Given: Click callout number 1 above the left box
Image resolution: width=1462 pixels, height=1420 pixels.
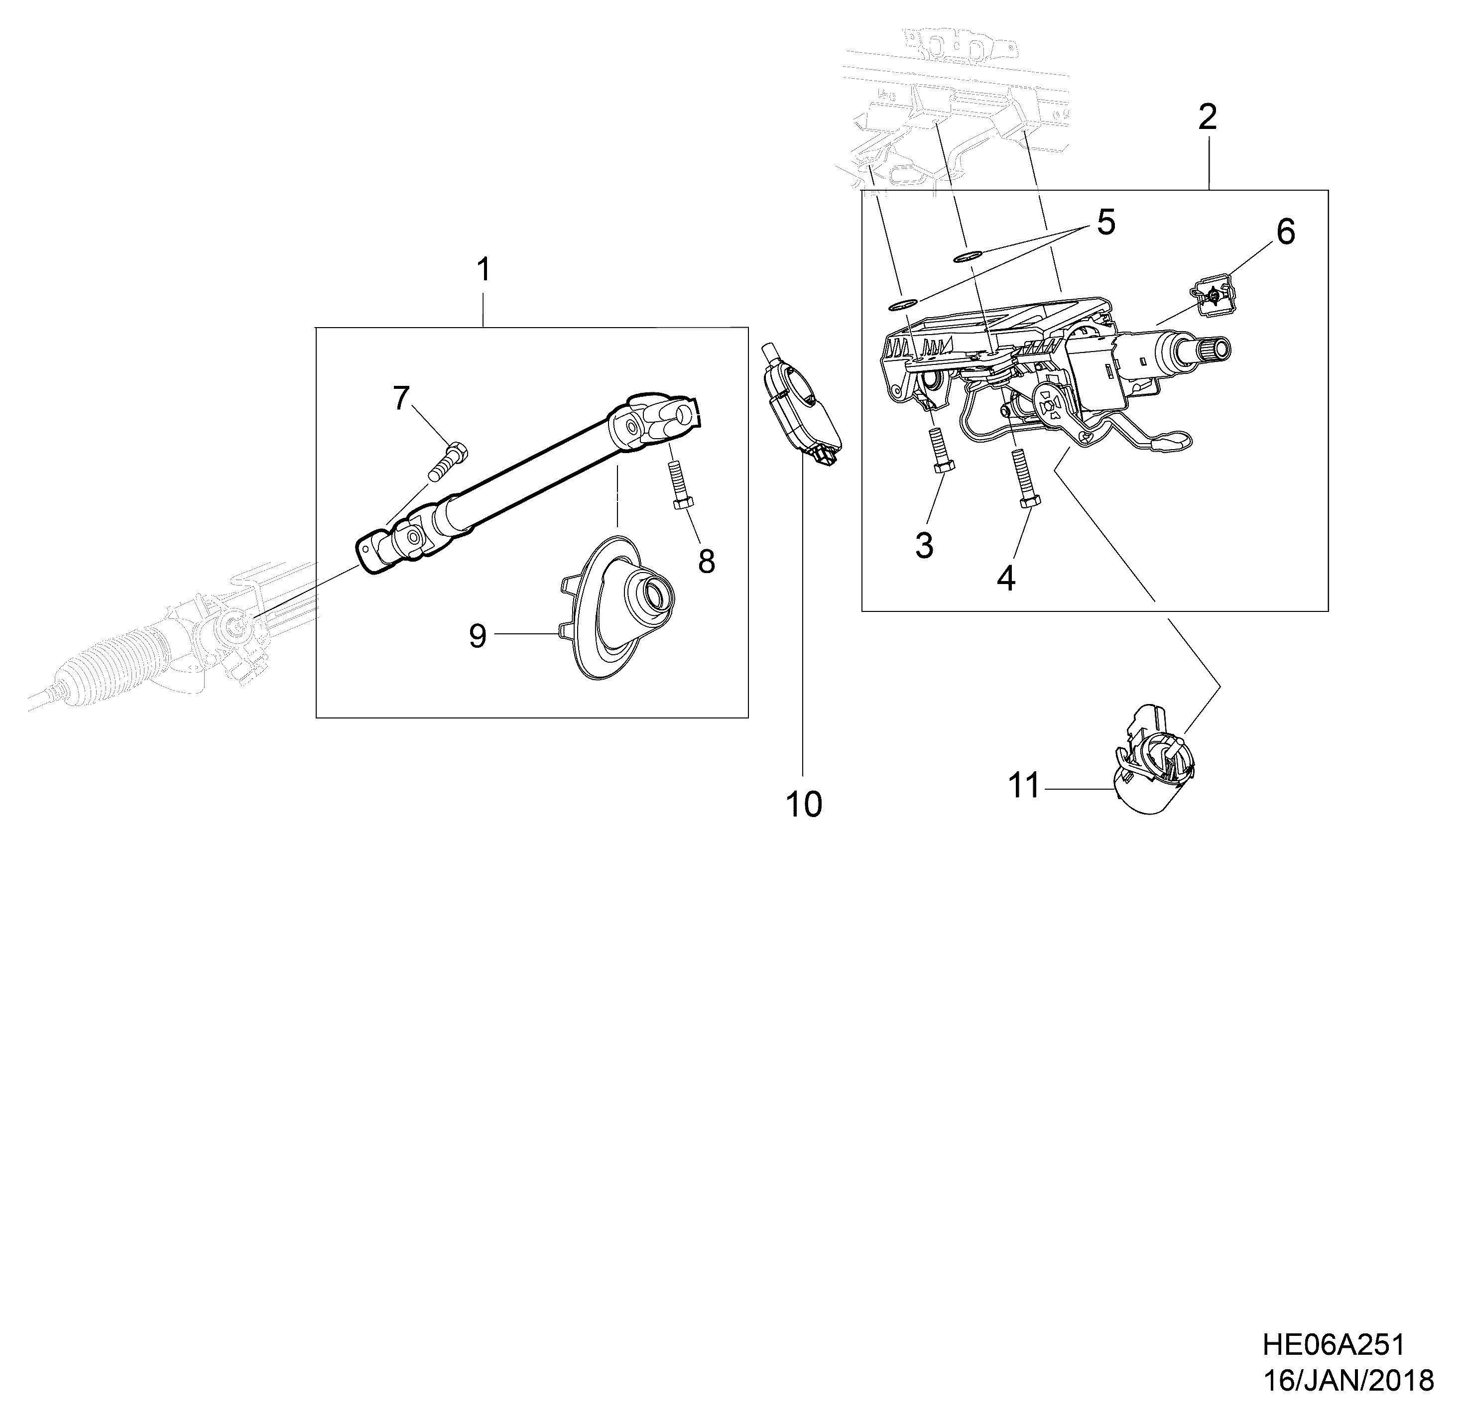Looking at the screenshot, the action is (484, 270).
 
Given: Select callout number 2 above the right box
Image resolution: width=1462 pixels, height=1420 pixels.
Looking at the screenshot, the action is (1207, 117).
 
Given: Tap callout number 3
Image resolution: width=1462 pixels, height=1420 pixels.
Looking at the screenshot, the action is (924, 546).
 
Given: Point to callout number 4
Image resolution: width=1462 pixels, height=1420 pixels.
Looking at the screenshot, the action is (1006, 579).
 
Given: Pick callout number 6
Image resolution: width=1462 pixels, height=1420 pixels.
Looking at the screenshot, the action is (1285, 233).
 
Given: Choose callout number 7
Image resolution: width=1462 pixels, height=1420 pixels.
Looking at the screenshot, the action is (401, 398).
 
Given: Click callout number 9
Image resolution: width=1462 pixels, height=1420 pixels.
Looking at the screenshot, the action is (478, 636).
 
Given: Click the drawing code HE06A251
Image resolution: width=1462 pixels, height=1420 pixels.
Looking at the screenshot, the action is (1333, 1345).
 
